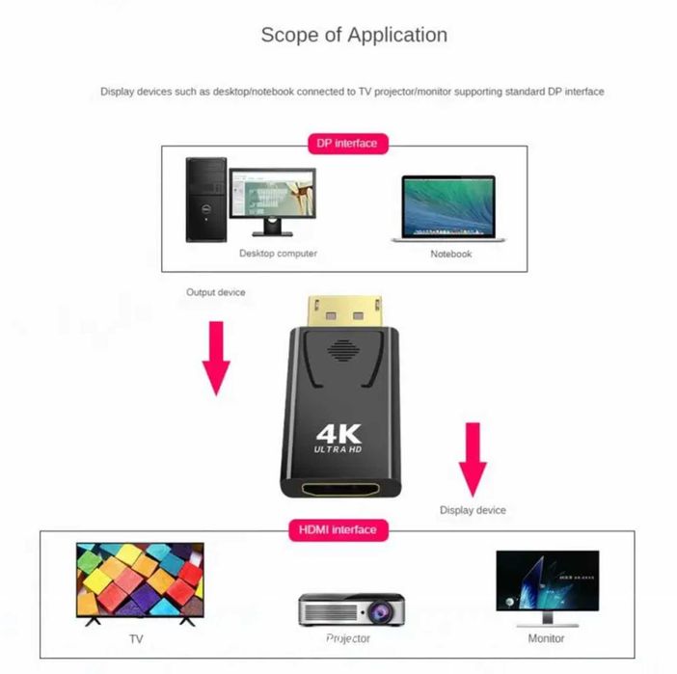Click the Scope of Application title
[354, 35]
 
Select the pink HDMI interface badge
[338, 529]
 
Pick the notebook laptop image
[448, 207]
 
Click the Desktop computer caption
[278, 254]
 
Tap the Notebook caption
[450, 255]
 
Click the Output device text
[216, 292]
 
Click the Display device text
[473, 510]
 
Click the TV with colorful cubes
[140, 583]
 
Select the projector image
[347, 609]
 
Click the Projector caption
[347, 638]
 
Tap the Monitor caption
[547, 638]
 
